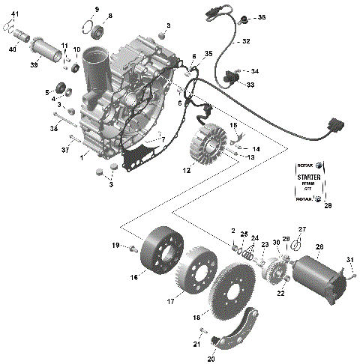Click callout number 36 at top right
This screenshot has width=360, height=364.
261,16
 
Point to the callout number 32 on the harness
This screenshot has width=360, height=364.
245,42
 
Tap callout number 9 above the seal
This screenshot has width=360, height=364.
96,8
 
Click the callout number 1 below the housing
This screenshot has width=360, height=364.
83,156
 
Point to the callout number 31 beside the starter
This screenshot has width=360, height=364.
349,260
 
